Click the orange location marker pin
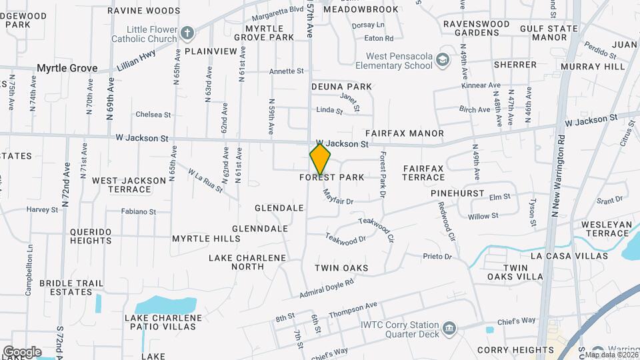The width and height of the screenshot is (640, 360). coord(320,159)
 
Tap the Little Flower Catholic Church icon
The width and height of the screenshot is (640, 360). coord(189,33)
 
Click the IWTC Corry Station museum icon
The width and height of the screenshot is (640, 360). coord(450,329)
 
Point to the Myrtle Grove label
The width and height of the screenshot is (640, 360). coord(67,68)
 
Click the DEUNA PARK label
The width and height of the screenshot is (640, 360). coord(341,87)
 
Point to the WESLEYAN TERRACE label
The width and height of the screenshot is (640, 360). coord(606,229)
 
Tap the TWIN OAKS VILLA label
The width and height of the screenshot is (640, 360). coord(515,272)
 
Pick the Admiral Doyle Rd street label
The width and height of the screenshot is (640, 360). coord(326,288)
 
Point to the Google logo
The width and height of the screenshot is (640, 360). coord(22,352)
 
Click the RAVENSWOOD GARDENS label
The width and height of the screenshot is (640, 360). coord(476,28)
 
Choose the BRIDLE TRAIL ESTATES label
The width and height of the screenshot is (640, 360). coord(71,287)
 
